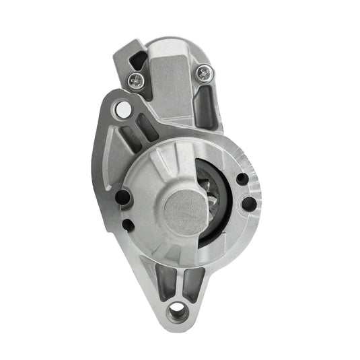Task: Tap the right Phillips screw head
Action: coord(203,71)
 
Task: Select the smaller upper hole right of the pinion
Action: coord(240,179)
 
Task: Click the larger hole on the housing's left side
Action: coord(122,197)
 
